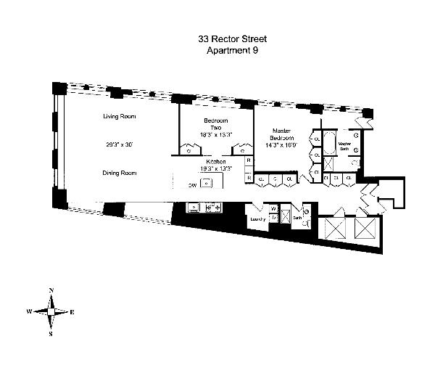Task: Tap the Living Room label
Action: coord(120,116)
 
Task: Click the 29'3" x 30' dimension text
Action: coord(120,144)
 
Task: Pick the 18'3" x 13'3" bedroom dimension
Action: coord(216,134)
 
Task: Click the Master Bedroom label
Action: coord(281,134)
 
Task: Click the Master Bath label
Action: coord(344,145)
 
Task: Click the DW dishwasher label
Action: coord(192,186)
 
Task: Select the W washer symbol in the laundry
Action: coord(273,210)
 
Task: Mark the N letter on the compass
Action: coord(51,291)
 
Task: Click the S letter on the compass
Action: coord(51,334)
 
